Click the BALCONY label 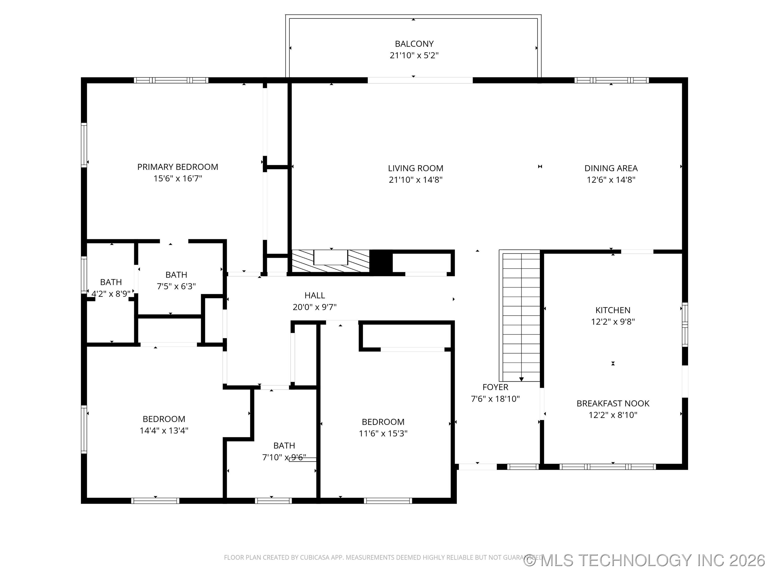[x=414, y=44]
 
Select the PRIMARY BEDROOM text [x=178, y=167]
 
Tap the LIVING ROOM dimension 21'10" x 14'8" [x=415, y=180]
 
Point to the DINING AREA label [x=611, y=168]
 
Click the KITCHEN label [x=613, y=310]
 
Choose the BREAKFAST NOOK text [x=613, y=403]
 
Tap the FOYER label [x=495, y=387]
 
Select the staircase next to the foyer [x=521, y=317]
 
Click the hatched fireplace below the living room [x=330, y=261]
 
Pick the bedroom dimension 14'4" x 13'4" [x=164, y=431]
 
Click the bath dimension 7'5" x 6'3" [x=176, y=286]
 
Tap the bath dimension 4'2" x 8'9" [x=111, y=294]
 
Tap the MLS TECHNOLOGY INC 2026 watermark [x=645, y=560]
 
